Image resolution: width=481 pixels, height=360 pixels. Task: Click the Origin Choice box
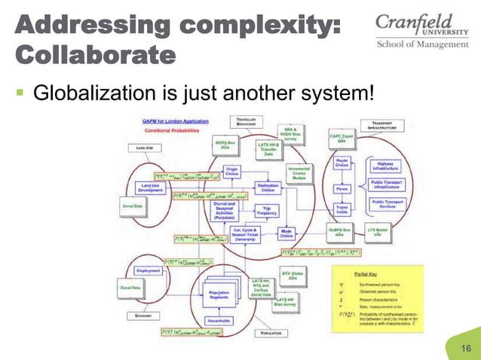(232, 172)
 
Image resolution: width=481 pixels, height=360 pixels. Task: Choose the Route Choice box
(342, 163)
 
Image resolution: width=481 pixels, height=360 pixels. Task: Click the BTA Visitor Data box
(293, 275)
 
